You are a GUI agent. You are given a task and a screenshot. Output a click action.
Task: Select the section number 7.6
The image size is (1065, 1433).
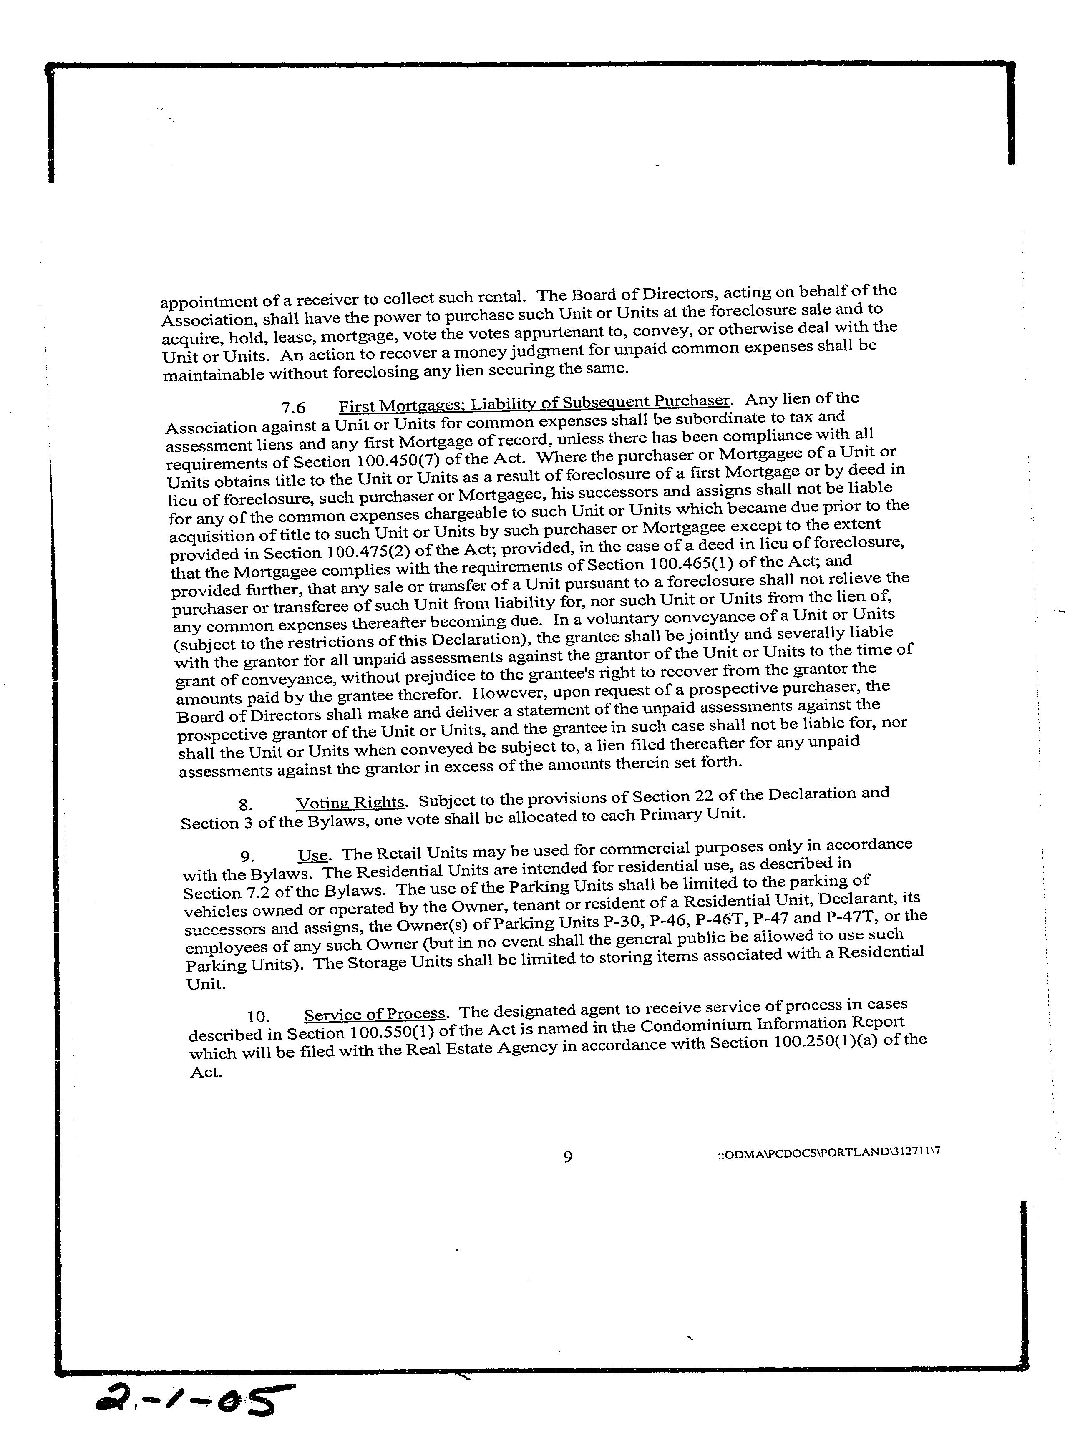[x=293, y=408]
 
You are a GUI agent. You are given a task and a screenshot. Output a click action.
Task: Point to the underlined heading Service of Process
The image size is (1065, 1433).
[x=375, y=1014]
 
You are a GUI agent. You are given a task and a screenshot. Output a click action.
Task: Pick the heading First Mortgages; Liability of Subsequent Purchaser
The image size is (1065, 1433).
[x=534, y=402]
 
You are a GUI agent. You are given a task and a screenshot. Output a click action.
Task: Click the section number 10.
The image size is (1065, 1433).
[x=257, y=1017]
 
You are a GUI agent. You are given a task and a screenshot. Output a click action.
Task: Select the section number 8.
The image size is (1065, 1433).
[x=245, y=804]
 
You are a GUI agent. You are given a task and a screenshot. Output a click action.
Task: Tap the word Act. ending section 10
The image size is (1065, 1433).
[x=206, y=1072]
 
